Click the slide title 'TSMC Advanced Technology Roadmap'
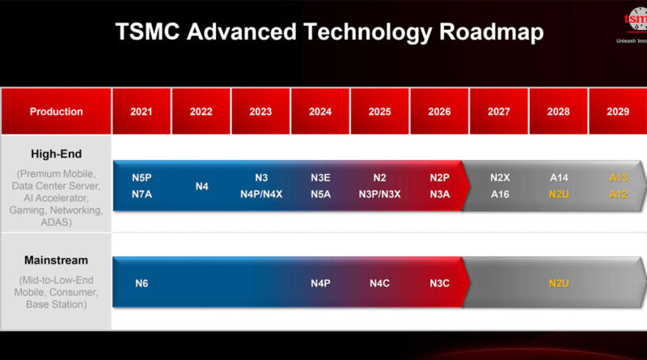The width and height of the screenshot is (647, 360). click(x=329, y=32)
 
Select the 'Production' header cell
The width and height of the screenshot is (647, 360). click(x=56, y=112)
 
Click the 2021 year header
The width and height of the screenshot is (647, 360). click(x=142, y=112)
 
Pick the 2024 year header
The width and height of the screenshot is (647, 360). click(x=320, y=112)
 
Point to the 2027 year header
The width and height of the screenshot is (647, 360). click(x=499, y=112)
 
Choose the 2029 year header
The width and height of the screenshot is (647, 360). click(x=618, y=112)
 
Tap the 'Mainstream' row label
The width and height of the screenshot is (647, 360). click(x=56, y=260)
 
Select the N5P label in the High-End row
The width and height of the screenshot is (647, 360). click(x=142, y=176)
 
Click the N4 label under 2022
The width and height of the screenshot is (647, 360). click(x=201, y=185)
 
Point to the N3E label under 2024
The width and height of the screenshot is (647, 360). click(x=320, y=176)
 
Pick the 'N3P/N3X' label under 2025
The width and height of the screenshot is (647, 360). click(x=380, y=194)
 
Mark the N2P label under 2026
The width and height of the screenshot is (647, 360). click(x=439, y=176)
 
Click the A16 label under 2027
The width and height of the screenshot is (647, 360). click(x=499, y=194)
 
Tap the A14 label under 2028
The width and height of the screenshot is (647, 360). click(x=559, y=176)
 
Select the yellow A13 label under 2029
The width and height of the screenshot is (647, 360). click(x=618, y=176)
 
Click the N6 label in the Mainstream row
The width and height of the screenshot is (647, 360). click(x=142, y=283)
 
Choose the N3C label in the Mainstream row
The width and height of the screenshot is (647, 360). click(x=439, y=283)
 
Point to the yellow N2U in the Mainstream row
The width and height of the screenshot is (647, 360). click(x=559, y=283)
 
